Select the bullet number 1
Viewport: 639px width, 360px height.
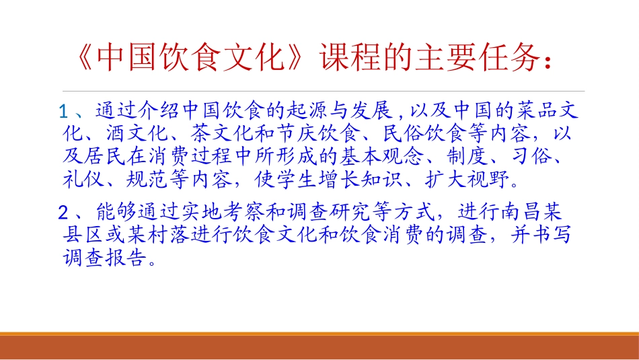click(x=65, y=110)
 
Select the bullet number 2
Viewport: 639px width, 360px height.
click(x=65, y=214)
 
